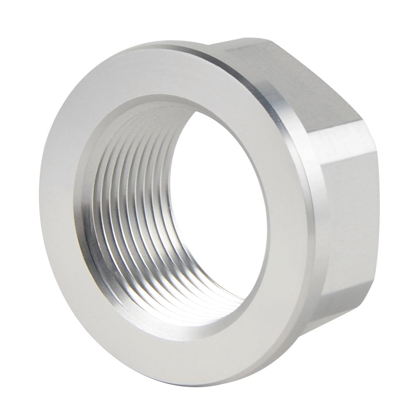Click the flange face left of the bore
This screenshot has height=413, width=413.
point(62,206)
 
